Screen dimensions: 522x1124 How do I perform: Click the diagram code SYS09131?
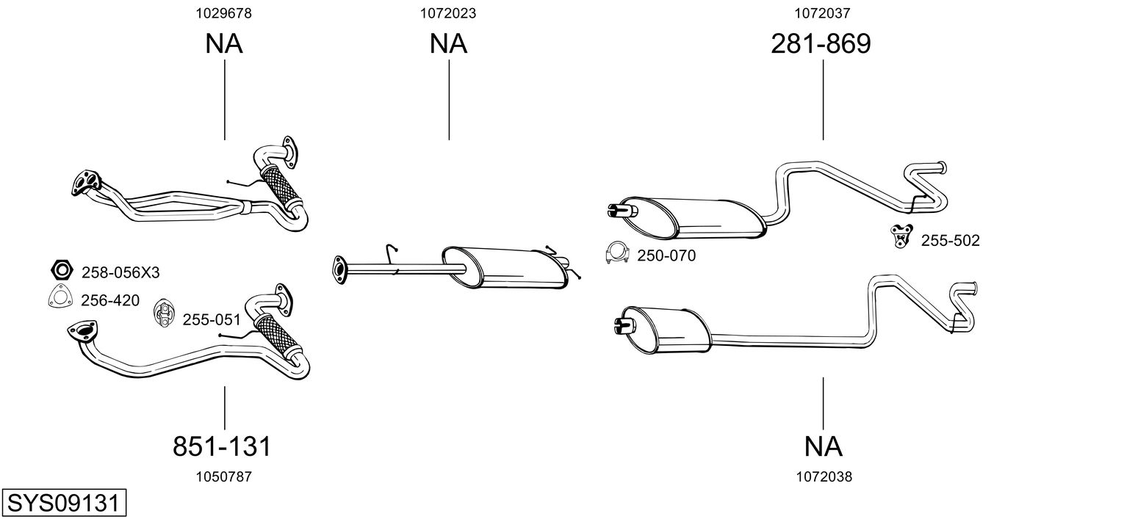[x=63, y=504]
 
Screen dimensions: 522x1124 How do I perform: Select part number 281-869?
[x=821, y=44]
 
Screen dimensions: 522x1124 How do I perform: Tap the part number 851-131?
[x=222, y=446]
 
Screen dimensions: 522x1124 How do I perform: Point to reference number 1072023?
[x=448, y=12]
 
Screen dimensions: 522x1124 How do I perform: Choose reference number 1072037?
[x=822, y=12]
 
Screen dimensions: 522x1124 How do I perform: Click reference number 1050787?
[x=223, y=476]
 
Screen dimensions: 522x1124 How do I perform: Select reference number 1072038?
[x=824, y=476]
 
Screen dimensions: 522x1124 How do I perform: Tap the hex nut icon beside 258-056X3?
[x=62, y=271]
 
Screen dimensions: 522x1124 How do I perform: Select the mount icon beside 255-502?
[x=900, y=236]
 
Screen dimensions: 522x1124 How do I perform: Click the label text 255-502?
[x=950, y=241]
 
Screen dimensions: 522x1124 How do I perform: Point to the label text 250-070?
[x=666, y=256]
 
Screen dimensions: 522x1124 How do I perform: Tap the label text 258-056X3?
[x=120, y=273]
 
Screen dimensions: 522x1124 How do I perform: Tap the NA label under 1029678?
[x=223, y=44]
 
